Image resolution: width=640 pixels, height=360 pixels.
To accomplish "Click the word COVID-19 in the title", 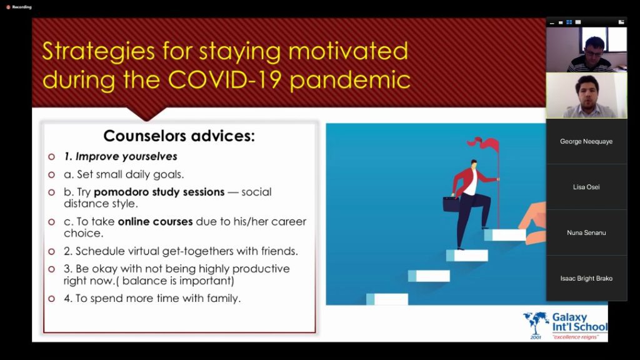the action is (x=224, y=79).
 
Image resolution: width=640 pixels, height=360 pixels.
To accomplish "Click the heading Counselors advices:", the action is (x=179, y=136).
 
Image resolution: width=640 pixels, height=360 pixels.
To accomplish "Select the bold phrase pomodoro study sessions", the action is (x=159, y=192).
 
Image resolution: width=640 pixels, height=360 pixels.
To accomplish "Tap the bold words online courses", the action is (x=155, y=222).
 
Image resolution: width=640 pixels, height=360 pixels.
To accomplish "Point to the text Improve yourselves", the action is (x=126, y=157).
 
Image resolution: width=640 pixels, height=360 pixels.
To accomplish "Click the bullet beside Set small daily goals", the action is (x=51, y=175).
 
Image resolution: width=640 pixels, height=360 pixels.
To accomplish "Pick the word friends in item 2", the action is (x=278, y=251).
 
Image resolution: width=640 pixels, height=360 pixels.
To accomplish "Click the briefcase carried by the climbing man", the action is (x=451, y=204).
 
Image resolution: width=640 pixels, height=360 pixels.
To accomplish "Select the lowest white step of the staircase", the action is (x=387, y=299).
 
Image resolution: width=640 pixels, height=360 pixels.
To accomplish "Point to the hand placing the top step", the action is (x=534, y=222).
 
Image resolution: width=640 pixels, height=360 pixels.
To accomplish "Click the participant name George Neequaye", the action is (x=586, y=142).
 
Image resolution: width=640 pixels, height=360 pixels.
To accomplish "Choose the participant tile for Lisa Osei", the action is (x=586, y=187).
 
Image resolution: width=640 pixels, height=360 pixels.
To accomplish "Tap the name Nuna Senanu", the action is (x=586, y=232).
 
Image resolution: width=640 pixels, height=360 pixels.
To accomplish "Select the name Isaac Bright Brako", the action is (x=586, y=278).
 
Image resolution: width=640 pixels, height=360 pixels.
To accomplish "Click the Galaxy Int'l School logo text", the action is (x=579, y=322).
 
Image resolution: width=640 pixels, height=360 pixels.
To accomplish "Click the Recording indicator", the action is (x=19, y=7).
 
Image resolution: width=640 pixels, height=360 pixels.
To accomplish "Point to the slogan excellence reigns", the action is (x=576, y=337).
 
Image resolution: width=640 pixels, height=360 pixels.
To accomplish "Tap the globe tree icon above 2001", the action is (x=536, y=322).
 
